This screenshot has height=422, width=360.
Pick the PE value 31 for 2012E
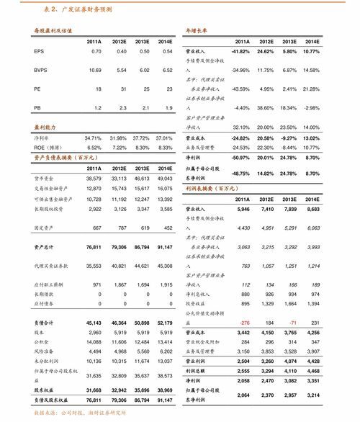click(x=122, y=89)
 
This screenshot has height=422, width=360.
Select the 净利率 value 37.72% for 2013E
click(x=142, y=138)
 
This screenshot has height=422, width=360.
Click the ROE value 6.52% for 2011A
click(x=94, y=147)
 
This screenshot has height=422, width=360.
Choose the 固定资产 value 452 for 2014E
click(x=168, y=228)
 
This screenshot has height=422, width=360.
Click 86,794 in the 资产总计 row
click(x=141, y=246)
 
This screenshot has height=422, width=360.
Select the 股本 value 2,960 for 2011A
click(x=95, y=333)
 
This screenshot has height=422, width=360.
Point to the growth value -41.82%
click(x=240, y=52)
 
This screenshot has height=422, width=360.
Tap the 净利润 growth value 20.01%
click(x=266, y=157)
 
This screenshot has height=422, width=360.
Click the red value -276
click(x=243, y=323)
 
